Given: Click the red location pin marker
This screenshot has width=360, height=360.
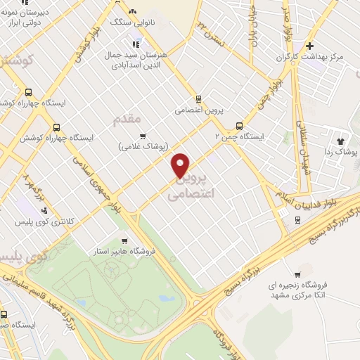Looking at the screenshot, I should (x=181, y=165).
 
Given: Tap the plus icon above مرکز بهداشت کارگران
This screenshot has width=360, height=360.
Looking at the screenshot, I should (x=310, y=46).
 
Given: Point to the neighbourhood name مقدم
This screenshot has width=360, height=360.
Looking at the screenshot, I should (x=127, y=120).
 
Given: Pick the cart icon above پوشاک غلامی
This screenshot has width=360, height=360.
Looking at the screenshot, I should (x=143, y=136).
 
